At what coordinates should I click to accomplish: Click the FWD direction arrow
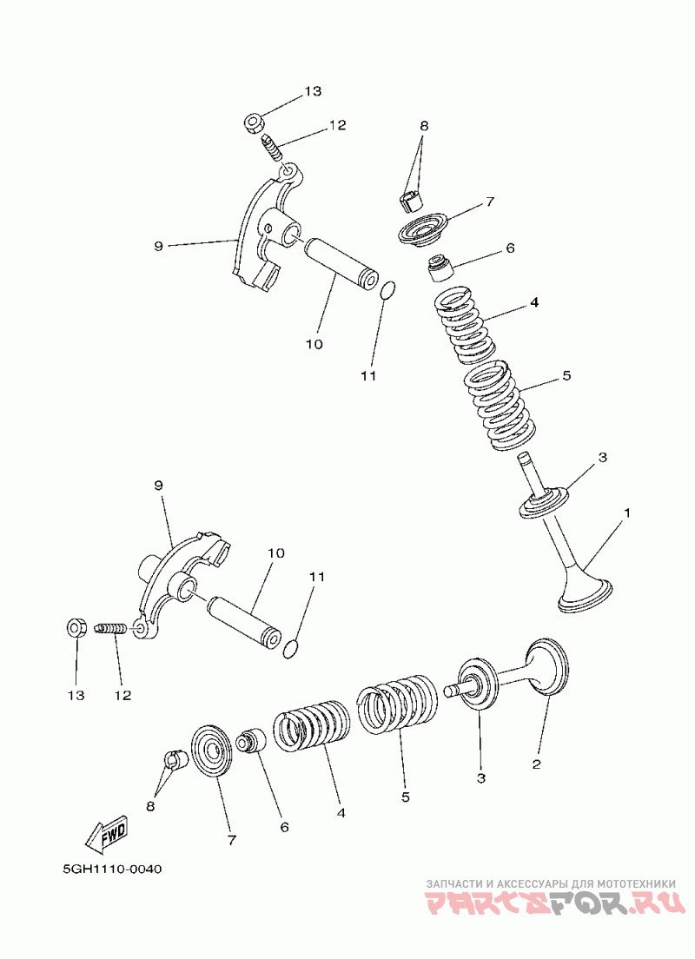[x=107, y=833]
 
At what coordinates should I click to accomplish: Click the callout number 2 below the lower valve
[x=536, y=764]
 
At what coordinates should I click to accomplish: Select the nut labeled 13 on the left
[x=76, y=627]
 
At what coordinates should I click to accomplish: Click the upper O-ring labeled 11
[x=388, y=290]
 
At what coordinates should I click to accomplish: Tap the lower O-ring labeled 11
[x=293, y=647]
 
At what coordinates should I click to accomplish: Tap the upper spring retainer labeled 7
[x=425, y=229]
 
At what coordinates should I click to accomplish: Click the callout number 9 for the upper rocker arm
[x=158, y=247]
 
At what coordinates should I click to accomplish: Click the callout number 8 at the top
[x=424, y=126]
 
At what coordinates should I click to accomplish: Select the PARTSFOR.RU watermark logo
[x=553, y=903]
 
